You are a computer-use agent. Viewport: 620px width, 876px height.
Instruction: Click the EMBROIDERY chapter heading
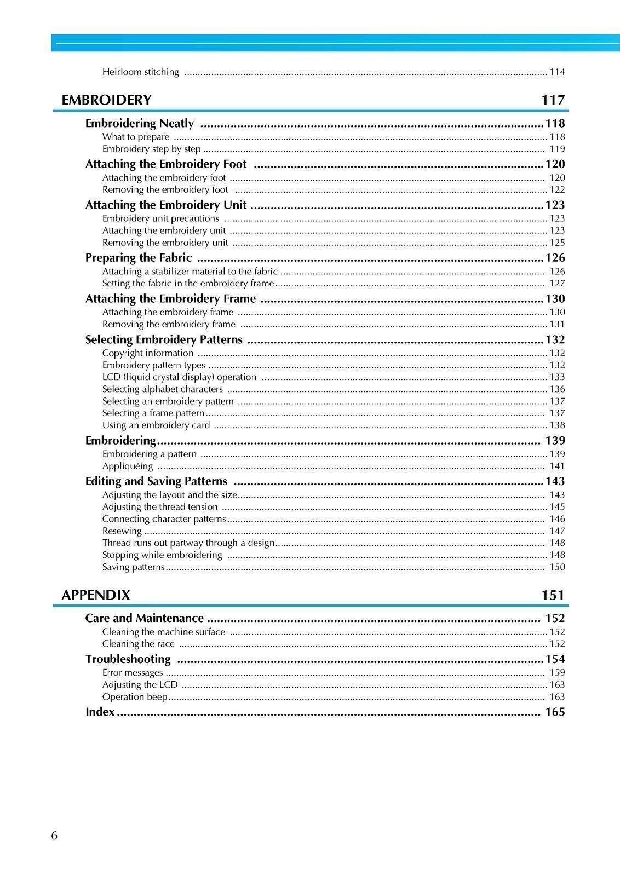point(106,100)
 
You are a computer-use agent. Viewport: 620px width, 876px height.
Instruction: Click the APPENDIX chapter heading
point(96,595)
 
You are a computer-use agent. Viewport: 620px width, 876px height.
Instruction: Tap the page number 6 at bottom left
point(54,835)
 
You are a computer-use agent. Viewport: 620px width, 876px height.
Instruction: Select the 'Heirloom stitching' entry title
point(140,72)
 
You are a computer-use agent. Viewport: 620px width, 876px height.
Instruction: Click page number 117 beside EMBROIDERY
point(553,100)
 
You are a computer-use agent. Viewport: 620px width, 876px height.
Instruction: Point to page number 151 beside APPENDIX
point(553,595)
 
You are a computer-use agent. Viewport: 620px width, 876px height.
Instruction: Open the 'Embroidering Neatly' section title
point(140,124)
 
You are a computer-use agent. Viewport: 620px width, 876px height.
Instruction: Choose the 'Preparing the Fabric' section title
point(139,258)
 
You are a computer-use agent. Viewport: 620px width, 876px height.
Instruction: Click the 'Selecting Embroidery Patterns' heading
point(164,340)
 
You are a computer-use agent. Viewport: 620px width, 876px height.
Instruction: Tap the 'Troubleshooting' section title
point(128,659)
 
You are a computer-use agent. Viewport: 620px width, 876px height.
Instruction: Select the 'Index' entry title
point(100,712)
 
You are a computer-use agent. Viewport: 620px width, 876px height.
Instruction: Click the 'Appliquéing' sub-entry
point(128,466)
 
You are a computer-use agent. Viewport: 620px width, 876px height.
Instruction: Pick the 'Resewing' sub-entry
point(122,531)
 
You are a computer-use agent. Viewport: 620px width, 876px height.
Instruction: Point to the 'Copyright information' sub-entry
point(148,353)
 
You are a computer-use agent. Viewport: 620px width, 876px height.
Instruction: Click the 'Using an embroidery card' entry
point(156,425)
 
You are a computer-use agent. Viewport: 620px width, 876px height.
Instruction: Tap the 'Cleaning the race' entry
point(139,644)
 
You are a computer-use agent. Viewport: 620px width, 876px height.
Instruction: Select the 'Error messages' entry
point(133,672)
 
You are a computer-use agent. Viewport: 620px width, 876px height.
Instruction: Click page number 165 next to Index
point(555,712)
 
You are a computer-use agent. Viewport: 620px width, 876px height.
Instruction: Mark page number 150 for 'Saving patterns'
point(557,567)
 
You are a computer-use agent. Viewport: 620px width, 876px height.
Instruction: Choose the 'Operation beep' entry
point(135,697)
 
